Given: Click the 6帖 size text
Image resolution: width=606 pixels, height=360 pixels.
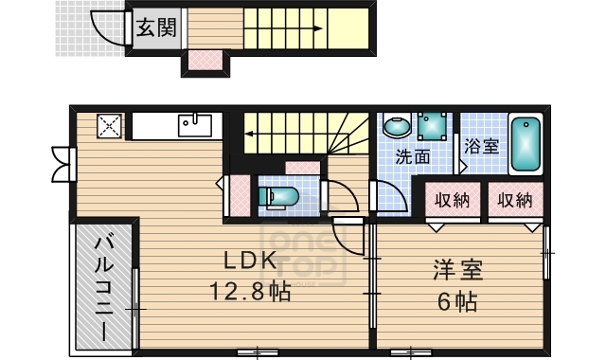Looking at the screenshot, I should tap(457, 303).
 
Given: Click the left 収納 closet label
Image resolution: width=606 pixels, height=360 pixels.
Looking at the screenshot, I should tap(452, 200).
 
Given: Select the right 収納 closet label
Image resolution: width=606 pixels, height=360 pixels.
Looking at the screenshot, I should tap(515, 200).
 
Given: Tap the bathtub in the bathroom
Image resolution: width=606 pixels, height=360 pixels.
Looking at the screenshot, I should tap(526, 145).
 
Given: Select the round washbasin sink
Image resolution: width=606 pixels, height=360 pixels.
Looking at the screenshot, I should tap(396, 126).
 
